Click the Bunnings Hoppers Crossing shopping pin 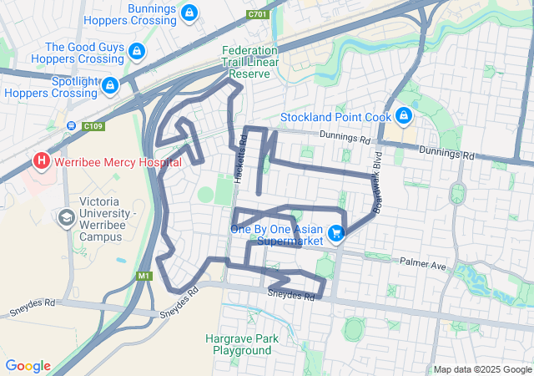point(189,13)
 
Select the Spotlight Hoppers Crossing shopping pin point(109,85)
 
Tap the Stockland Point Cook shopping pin point(404,115)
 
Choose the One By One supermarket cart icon point(335,233)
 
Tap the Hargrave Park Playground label point(242,344)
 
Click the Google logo point(28,366)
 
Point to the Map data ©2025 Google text point(481,369)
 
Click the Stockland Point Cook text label point(336,115)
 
